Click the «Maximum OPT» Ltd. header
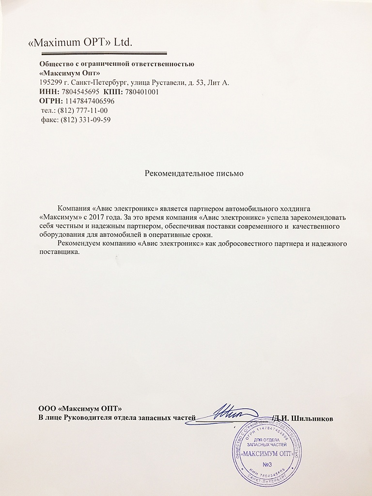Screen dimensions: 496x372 coord(81,43)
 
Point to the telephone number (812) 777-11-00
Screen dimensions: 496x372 coord(82,110)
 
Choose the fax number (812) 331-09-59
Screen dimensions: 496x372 coord(85,120)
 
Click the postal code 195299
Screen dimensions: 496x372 coord(50,82)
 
